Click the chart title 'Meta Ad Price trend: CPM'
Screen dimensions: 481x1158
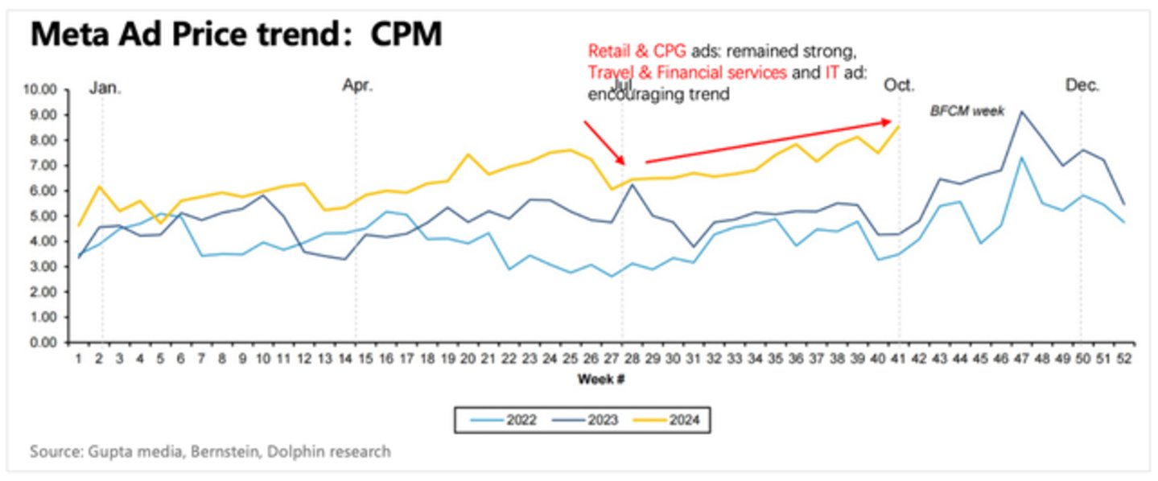click(x=236, y=35)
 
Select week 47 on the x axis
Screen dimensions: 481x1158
click(x=1021, y=360)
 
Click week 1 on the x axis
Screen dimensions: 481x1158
click(x=79, y=360)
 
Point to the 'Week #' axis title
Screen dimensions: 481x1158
click(x=600, y=379)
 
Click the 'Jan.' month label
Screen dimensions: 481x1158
click(x=105, y=87)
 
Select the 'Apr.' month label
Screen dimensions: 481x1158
click(x=357, y=85)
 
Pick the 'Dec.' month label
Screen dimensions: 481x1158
click(x=1082, y=85)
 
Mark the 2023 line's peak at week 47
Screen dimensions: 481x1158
click(x=1021, y=113)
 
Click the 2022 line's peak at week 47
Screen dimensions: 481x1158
click(x=1021, y=158)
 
